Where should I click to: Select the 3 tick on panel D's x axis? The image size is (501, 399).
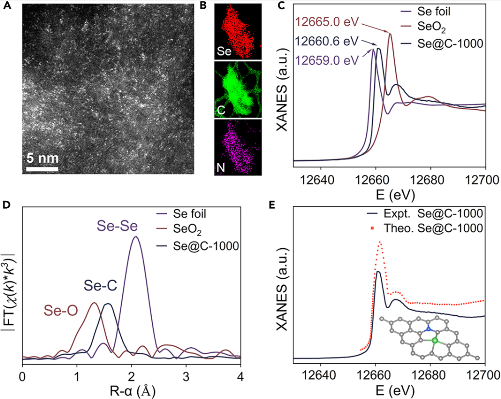[186, 375]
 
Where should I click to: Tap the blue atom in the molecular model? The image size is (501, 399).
[428, 328]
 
